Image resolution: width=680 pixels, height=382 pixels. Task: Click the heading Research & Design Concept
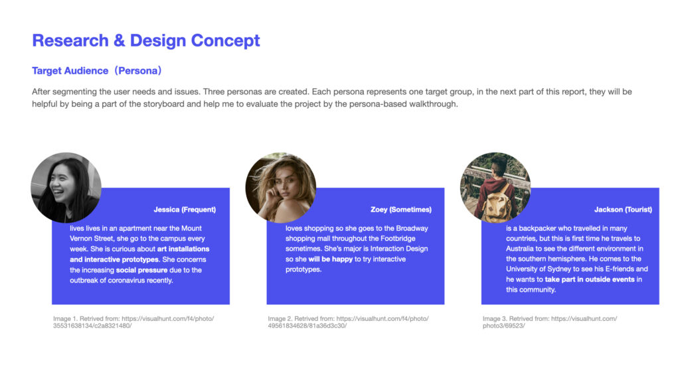point(145,40)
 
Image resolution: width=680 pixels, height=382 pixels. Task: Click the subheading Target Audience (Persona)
point(97,70)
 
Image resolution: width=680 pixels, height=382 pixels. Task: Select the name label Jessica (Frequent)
point(185,210)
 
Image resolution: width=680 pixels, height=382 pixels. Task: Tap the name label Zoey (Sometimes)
point(401,210)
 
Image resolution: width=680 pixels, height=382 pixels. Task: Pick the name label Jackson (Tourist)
point(623,210)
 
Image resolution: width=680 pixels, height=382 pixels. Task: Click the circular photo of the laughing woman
point(66,188)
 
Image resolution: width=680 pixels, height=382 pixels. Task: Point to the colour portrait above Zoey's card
point(281,188)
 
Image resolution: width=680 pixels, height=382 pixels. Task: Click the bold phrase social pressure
point(141,271)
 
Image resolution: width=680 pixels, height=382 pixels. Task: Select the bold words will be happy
point(331,259)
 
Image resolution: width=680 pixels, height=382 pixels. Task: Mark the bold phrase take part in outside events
point(590,280)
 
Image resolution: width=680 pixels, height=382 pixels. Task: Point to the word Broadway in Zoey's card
point(412,228)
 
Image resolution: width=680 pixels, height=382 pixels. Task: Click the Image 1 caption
point(133,322)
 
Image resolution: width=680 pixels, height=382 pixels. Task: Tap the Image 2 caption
point(348,322)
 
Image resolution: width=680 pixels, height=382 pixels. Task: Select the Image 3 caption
point(550,322)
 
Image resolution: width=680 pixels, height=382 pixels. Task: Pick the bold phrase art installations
point(183,249)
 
